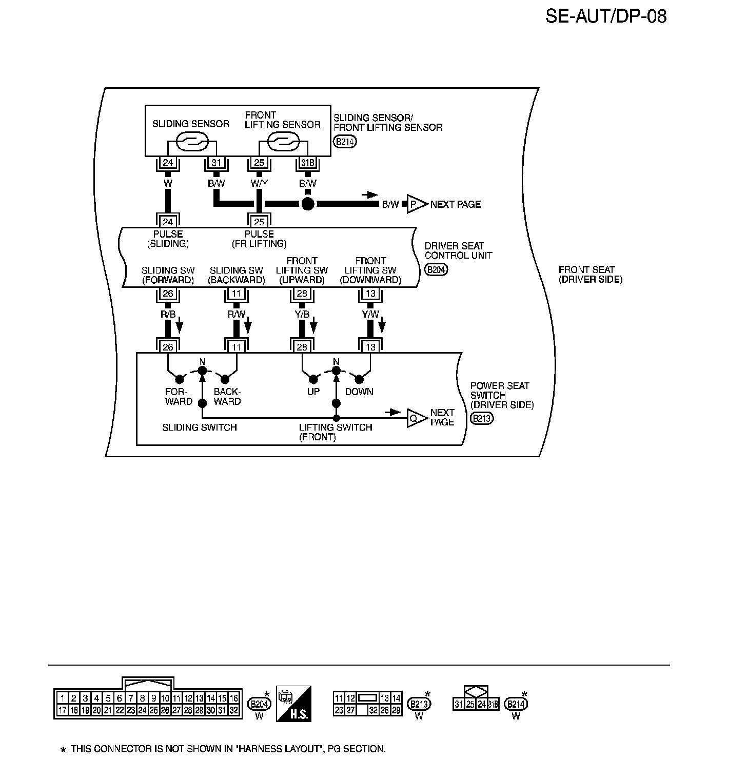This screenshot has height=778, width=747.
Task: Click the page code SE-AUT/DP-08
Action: [606, 16]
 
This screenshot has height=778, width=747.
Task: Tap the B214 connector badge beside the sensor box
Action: [345, 142]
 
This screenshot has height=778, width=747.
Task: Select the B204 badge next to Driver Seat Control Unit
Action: [436, 269]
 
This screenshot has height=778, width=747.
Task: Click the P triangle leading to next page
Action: [416, 204]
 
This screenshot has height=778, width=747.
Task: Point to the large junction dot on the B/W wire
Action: [307, 204]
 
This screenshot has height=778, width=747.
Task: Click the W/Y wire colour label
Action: [259, 183]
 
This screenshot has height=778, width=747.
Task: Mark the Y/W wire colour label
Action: [370, 314]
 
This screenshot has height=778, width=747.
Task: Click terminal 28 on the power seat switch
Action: [302, 347]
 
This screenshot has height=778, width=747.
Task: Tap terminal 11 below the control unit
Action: [237, 294]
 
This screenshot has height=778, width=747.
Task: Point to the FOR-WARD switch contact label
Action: [178, 396]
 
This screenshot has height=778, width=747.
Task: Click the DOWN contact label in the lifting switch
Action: [359, 392]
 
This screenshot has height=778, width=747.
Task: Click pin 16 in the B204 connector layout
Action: [233, 698]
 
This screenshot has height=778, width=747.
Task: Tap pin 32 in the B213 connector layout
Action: [373, 711]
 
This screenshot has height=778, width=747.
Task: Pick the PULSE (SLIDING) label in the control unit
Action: [168, 239]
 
